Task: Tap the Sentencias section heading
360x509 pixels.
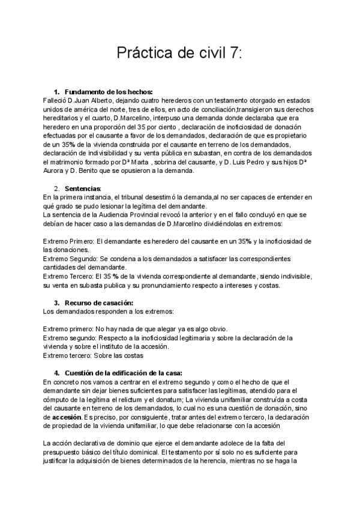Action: pos(83,188)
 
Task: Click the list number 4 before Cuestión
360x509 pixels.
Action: pos(57,373)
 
